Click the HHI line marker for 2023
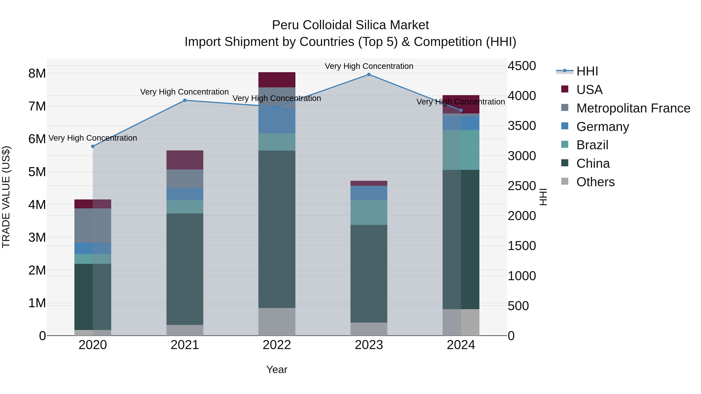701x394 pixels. tap(369, 75)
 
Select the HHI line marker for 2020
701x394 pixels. tap(93, 146)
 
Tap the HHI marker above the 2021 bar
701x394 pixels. tap(185, 100)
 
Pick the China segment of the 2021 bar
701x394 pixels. tap(185, 269)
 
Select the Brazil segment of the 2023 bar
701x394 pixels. tap(369, 212)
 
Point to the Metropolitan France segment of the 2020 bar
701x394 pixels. tap(93, 226)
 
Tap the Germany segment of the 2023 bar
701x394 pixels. tap(369, 193)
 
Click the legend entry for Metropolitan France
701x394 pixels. tap(633, 108)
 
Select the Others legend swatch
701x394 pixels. tap(565, 181)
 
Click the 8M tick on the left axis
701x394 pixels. tap(37, 73)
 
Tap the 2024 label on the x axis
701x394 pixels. tap(461, 345)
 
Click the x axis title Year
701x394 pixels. tap(277, 369)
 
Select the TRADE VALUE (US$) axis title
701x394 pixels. tap(6, 197)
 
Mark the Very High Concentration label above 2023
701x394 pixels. tap(369, 66)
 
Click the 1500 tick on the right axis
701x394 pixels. tap(522, 246)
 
